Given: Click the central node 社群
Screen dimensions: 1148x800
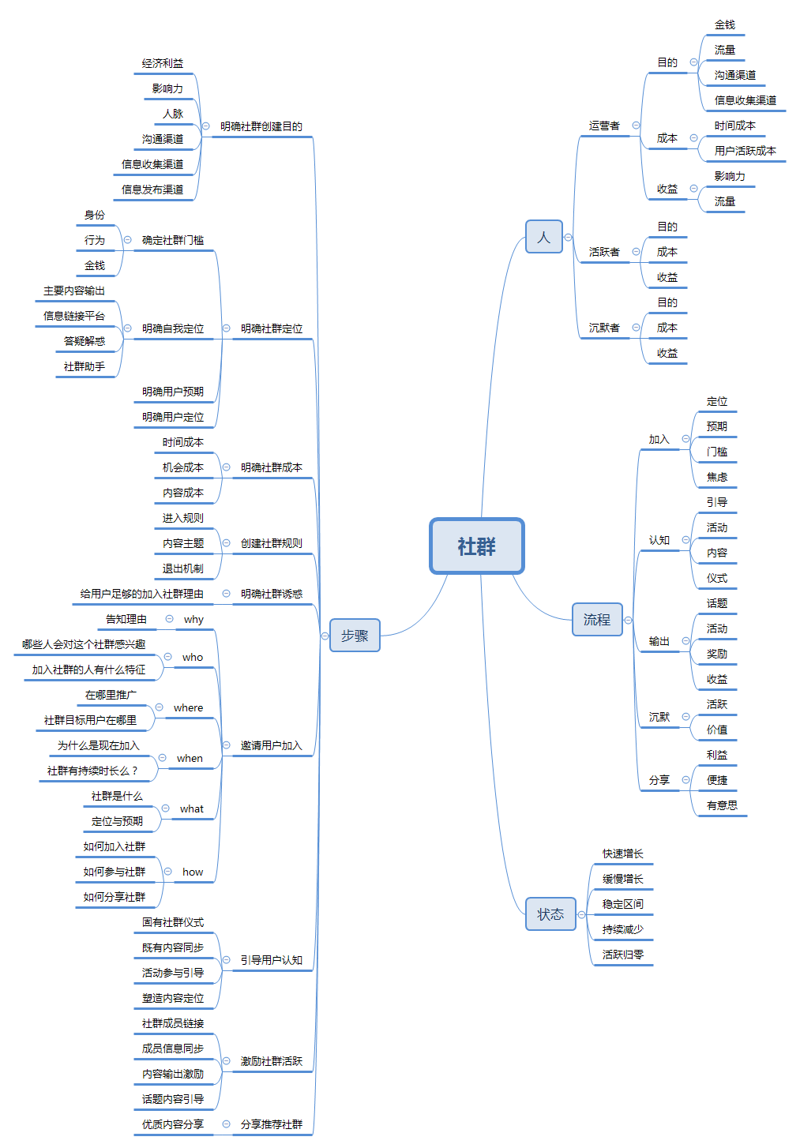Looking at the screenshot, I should click(476, 546).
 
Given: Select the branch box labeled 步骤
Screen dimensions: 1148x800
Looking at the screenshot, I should click(355, 636).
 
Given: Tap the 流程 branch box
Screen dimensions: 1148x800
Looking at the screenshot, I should click(597, 620).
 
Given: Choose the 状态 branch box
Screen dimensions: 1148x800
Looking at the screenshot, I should click(550, 914).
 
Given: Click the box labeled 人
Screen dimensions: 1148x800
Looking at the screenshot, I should click(543, 237).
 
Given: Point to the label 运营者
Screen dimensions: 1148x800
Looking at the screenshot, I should click(604, 126).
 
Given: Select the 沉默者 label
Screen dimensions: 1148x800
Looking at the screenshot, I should click(604, 328).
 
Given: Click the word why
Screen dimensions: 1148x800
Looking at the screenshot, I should click(193, 620).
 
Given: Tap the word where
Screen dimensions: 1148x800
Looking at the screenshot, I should click(188, 708).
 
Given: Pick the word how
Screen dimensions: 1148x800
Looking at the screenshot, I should click(193, 872).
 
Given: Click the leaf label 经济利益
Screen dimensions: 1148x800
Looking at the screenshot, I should click(163, 63).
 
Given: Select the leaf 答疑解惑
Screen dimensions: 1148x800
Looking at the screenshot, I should click(85, 341).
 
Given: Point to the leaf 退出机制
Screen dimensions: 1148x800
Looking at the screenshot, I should click(183, 568).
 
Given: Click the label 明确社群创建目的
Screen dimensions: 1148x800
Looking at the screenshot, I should click(261, 126).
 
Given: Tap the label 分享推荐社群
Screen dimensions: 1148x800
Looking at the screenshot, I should click(272, 1124).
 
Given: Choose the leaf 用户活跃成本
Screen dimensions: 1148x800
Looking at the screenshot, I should click(746, 151).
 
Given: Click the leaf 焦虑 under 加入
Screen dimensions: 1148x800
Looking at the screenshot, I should click(717, 477).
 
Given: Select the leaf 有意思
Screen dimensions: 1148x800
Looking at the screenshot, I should click(723, 805).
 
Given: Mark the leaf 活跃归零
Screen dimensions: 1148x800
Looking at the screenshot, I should click(623, 955).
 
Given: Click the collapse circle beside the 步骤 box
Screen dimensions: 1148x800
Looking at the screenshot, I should click(325, 636).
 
